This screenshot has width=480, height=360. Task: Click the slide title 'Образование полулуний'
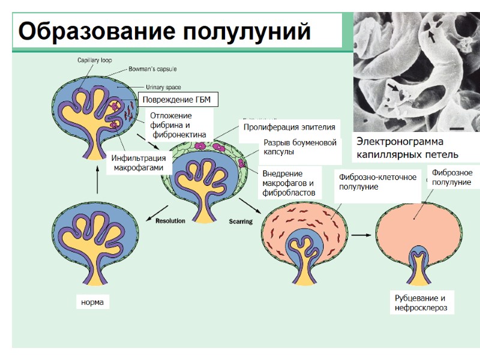165,31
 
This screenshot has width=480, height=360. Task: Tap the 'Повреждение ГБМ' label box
178,99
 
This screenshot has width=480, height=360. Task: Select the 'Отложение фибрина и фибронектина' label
178,125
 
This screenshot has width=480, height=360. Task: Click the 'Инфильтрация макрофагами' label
138,163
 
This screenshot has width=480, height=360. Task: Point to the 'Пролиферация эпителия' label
289,128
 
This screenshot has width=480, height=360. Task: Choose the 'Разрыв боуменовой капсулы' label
300,147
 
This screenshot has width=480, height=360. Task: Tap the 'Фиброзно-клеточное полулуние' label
377,182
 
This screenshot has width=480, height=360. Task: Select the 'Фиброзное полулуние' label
452,178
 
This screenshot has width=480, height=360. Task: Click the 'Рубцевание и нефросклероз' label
421,303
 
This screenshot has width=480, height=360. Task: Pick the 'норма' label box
92,302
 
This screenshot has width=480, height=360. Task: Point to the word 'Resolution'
170,221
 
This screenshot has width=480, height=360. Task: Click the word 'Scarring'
241,221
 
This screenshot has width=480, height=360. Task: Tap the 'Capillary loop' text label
94,60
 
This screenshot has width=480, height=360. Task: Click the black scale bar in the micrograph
458,128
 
